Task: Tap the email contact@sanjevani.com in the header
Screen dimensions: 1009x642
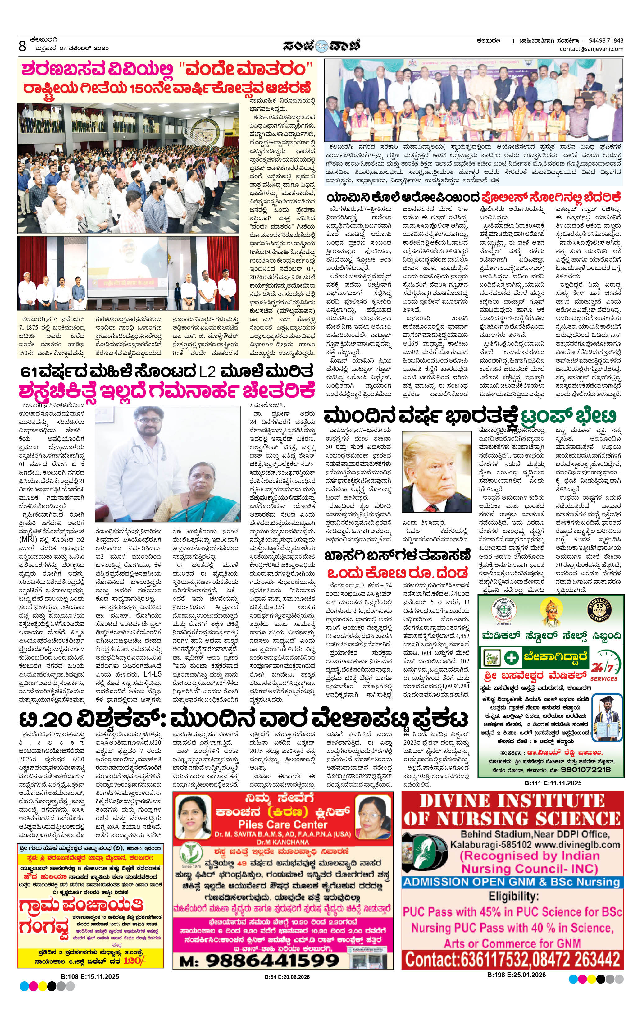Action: [x=591, y=49]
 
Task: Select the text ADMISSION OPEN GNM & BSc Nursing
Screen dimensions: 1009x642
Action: [x=511, y=882]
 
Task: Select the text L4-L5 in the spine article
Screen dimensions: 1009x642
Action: [x=152, y=674]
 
